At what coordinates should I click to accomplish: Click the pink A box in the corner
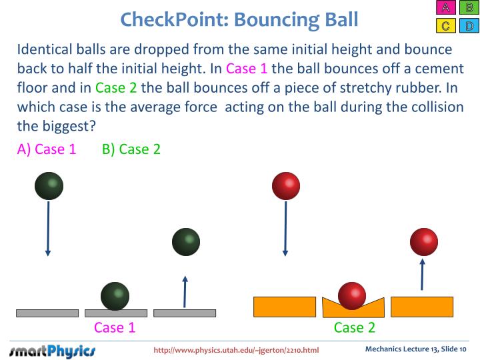pyautogui.click(x=445, y=9)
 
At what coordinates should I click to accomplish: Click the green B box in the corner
pyautogui.click(x=469, y=9)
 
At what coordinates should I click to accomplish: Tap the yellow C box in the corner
pyautogui.click(x=445, y=26)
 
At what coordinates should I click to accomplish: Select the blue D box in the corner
pyautogui.click(x=469, y=26)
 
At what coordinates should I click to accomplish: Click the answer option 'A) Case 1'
pyautogui.click(x=47, y=149)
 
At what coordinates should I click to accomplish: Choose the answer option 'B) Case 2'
pyautogui.click(x=131, y=149)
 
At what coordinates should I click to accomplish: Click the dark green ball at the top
pyautogui.click(x=49, y=185)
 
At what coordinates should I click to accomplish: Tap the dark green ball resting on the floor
pyautogui.click(x=115, y=296)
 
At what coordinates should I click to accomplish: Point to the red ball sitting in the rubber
pyautogui.click(x=352, y=296)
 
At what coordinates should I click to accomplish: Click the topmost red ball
pyautogui.click(x=286, y=185)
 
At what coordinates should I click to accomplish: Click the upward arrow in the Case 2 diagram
pyautogui.click(x=421, y=274)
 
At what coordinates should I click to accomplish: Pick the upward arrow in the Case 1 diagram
pyautogui.click(x=185, y=291)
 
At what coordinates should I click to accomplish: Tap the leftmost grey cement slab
pyautogui.click(x=47, y=313)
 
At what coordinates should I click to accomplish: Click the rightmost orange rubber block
pyautogui.click(x=422, y=306)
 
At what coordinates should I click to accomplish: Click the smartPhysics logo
pyautogui.click(x=53, y=350)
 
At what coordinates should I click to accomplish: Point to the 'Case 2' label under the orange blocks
pyautogui.click(x=355, y=327)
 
